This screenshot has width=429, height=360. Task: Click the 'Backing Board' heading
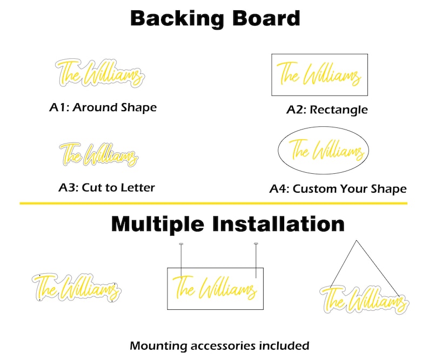click(215, 18)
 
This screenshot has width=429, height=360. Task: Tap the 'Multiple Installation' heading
click(227, 224)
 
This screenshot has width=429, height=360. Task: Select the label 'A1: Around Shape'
click(103, 107)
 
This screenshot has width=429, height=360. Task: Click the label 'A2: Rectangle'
click(327, 110)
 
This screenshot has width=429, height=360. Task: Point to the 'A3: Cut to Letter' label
click(106, 187)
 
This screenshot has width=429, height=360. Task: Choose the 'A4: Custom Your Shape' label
click(338, 189)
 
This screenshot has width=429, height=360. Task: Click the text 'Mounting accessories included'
click(219, 346)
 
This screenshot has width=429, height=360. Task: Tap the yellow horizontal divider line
click(213, 203)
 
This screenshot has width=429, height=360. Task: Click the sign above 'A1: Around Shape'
click(100, 73)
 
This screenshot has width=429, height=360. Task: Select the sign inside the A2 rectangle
click(319, 74)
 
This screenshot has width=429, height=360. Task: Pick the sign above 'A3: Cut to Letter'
click(99, 155)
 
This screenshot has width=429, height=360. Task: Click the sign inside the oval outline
click(327, 150)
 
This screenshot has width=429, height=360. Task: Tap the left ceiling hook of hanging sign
click(181, 244)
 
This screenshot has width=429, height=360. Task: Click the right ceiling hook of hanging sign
click(256, 243)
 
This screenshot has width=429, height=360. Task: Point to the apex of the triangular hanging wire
click(356, 241)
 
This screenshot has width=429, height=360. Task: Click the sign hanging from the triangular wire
click(364, 300)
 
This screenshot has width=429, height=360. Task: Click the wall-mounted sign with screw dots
click(77, 288)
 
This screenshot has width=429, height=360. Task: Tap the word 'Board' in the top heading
click(266, 18)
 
